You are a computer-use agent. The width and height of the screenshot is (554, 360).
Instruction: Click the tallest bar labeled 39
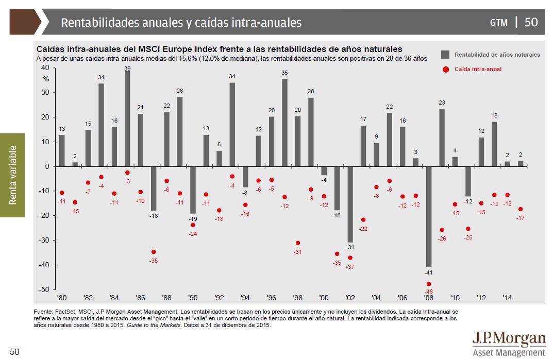pyautogui.click(x=127, y=118)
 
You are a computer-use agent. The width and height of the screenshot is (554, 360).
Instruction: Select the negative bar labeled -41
pyautogui.click(x=429, y=216)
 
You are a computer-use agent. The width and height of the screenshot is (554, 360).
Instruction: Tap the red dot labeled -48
pyautogui.click(x=429, y=284)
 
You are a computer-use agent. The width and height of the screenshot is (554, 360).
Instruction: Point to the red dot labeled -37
pyautogui.click(x=350, y=258)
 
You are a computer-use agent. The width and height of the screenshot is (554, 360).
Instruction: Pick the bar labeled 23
pyautogui.click(x=442, y=138)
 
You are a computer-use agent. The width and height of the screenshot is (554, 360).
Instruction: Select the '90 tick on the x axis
pyautogui.click(x=193, y=298)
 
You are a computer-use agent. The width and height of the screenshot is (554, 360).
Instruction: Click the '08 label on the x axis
pyautogui.click(x=428, y=298)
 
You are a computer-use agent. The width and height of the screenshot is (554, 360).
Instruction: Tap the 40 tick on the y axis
pyautogui.click(x=44, y=68)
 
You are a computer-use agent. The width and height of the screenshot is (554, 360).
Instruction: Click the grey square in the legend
pyautogui.click(x=445, y=54)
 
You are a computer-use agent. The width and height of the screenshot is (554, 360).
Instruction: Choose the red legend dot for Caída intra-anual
pyautogui.click(x=445, y=69)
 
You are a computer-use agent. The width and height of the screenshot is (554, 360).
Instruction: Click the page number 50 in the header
pyautogui.click(x=531, y=22)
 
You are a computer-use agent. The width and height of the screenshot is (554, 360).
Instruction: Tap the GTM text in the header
pyautogui.click(x=498, y=23)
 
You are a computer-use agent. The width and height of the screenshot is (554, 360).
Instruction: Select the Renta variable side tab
pyautogui.click(x=12, y=175)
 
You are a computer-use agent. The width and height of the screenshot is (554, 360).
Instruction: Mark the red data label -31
pyautogui.click(x=297, y=252)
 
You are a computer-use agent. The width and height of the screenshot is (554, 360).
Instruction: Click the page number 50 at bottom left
pyautogui.click(x=14, y=352)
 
